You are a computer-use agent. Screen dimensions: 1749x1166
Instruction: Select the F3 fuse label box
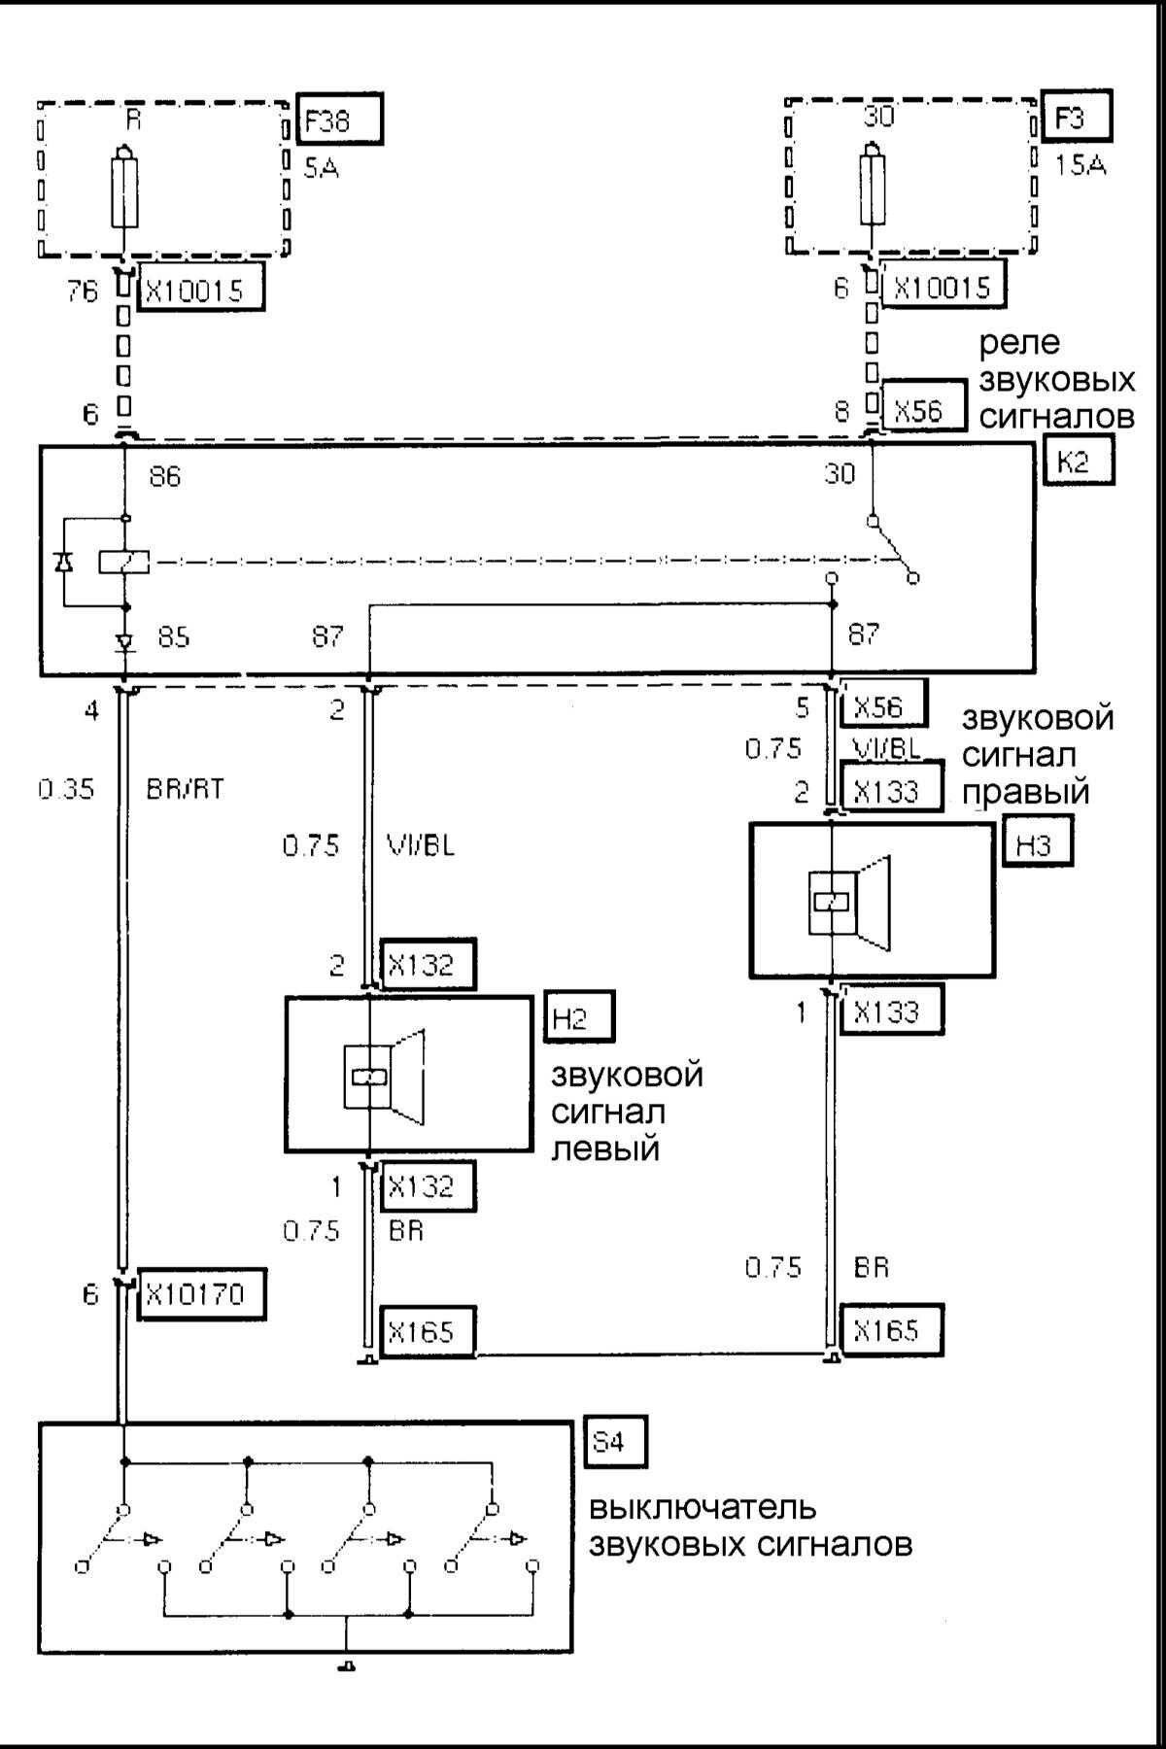[1075, 119]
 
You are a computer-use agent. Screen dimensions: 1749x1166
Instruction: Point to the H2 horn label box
[579, 1019]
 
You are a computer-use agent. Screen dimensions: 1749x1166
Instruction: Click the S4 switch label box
[617, 1443]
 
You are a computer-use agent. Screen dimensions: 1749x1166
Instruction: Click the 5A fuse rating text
[321, 170]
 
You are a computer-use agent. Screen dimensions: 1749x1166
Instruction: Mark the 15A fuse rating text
[1080, 166]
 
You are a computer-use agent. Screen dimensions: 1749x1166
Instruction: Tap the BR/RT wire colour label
[186, 789]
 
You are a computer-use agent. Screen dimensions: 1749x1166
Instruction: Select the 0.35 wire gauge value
[67, 789]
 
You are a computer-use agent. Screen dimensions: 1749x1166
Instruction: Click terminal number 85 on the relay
[172, 637]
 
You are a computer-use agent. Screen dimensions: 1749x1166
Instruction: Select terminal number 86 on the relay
[165, 477]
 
